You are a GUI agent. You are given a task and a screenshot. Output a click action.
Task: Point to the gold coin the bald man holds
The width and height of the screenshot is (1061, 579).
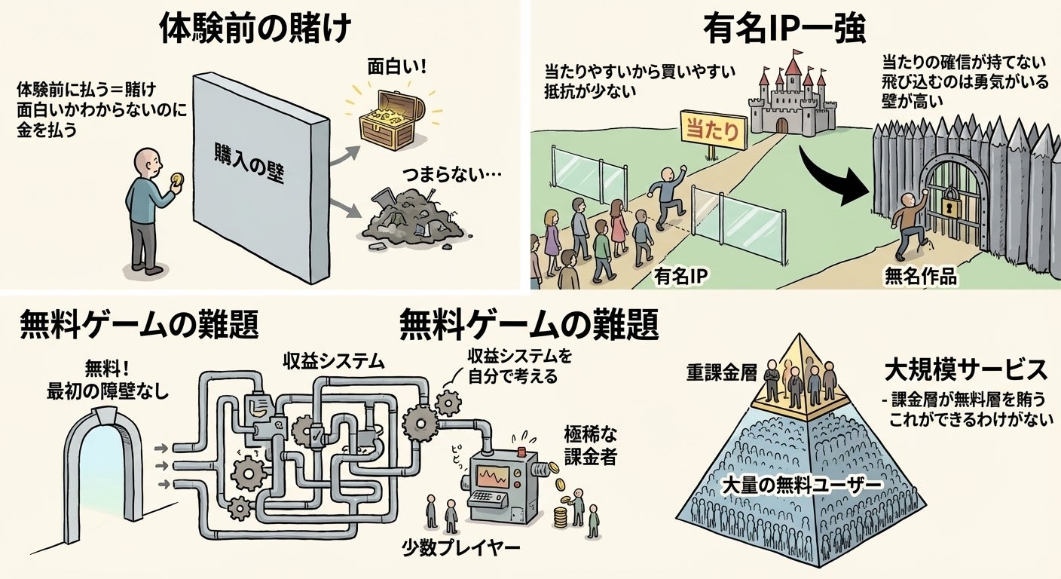pyautogui.click(x=177, y=179)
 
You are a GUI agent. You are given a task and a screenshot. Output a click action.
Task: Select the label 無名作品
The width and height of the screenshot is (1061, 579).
pyautogui.click(x=920, y=277)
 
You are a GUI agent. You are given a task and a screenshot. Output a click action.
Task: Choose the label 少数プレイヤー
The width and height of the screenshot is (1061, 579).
pyautogui.click(x=460, y=547)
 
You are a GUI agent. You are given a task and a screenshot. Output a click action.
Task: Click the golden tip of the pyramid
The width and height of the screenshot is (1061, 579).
pyautogui.click(x=801, y=369)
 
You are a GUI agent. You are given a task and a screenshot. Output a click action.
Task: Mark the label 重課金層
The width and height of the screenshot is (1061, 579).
pyautogui.click(x=721, y=372)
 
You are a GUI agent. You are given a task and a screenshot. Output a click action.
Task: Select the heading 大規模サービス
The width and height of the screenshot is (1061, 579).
pyautogui.click(x=965, y=370)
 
